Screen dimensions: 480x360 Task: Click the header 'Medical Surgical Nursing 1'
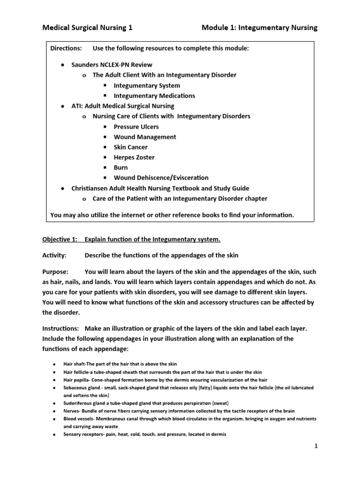point(87,28)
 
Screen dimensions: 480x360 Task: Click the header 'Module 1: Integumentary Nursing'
point(259,28)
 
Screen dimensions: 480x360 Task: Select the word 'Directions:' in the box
point(66,49)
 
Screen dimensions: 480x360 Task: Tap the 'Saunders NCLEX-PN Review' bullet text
point(112,65)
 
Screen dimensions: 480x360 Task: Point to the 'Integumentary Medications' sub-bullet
point(154,96)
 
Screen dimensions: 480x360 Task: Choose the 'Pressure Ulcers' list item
point(136,127)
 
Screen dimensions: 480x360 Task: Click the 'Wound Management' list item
point(145,137)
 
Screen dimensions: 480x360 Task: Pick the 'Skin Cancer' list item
point(130,147)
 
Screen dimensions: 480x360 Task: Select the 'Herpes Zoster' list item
point(134,157)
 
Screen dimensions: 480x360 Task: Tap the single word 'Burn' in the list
point(120,167)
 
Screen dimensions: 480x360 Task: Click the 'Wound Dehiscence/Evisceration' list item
point(161,178)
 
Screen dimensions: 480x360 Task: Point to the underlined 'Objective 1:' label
point(60,240)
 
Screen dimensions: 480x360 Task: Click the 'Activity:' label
point(54,255)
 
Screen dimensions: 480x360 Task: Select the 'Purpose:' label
point(55,272)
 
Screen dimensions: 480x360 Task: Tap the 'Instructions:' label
point(61,328)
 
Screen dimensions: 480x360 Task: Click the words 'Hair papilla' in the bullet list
point(77,380)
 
